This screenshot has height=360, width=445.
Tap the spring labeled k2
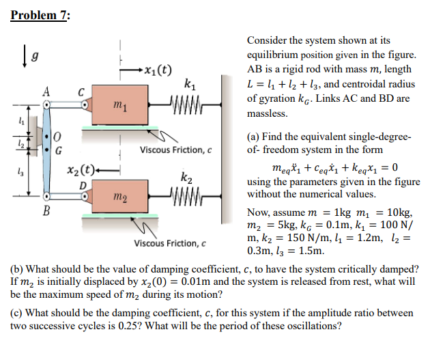point(186,197)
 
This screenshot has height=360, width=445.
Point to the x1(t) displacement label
point(156,69)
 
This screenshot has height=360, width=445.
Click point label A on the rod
point(46,91)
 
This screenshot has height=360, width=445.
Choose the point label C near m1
point(81,92)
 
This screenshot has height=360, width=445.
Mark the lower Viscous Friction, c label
point(171,243)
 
